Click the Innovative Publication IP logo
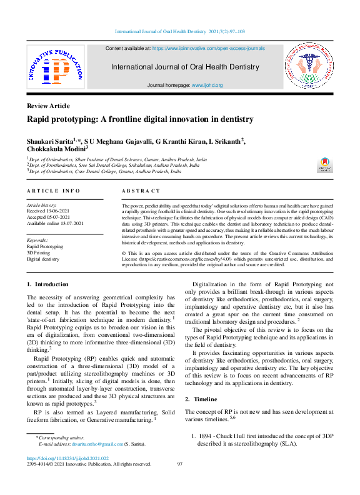55,67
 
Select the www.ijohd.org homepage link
207,84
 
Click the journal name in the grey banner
184,67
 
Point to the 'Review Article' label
48,106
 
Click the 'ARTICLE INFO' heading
53,190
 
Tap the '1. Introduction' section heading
47,284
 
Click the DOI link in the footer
72,457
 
